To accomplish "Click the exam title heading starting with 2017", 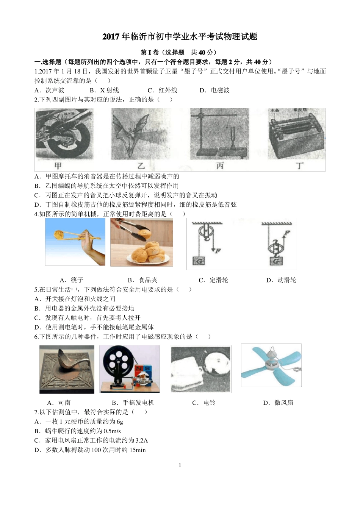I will pos(180,37).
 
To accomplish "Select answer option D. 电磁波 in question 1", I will pos(214,90).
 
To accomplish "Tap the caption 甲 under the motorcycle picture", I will pos(58,166).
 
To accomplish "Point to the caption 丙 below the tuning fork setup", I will pos(220,166).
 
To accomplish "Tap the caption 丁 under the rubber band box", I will pos(300,166).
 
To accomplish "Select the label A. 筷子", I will pos(72,280).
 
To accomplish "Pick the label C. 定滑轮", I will pos(213,280).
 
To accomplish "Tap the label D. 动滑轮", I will pos(281,280).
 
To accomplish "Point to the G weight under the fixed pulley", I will pos(199,261).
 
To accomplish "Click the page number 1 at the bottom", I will pos(180,465).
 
